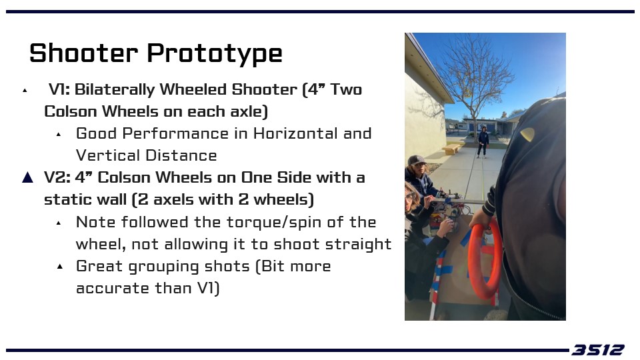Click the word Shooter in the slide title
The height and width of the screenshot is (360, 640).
pos(84,53)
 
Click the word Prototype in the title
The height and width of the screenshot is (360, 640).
pos(214,54)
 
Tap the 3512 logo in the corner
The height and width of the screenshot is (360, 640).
pos(598,350)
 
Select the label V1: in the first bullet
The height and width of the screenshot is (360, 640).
pos(59,89)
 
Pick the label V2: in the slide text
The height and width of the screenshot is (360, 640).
pos(57,177)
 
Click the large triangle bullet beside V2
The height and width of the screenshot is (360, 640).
pos(28,177)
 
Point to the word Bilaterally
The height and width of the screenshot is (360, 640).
pos(114,90)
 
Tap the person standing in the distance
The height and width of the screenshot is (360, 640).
pos(483,141)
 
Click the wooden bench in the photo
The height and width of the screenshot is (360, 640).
pos(451,149)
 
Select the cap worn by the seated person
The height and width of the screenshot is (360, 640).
pos(416,159)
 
